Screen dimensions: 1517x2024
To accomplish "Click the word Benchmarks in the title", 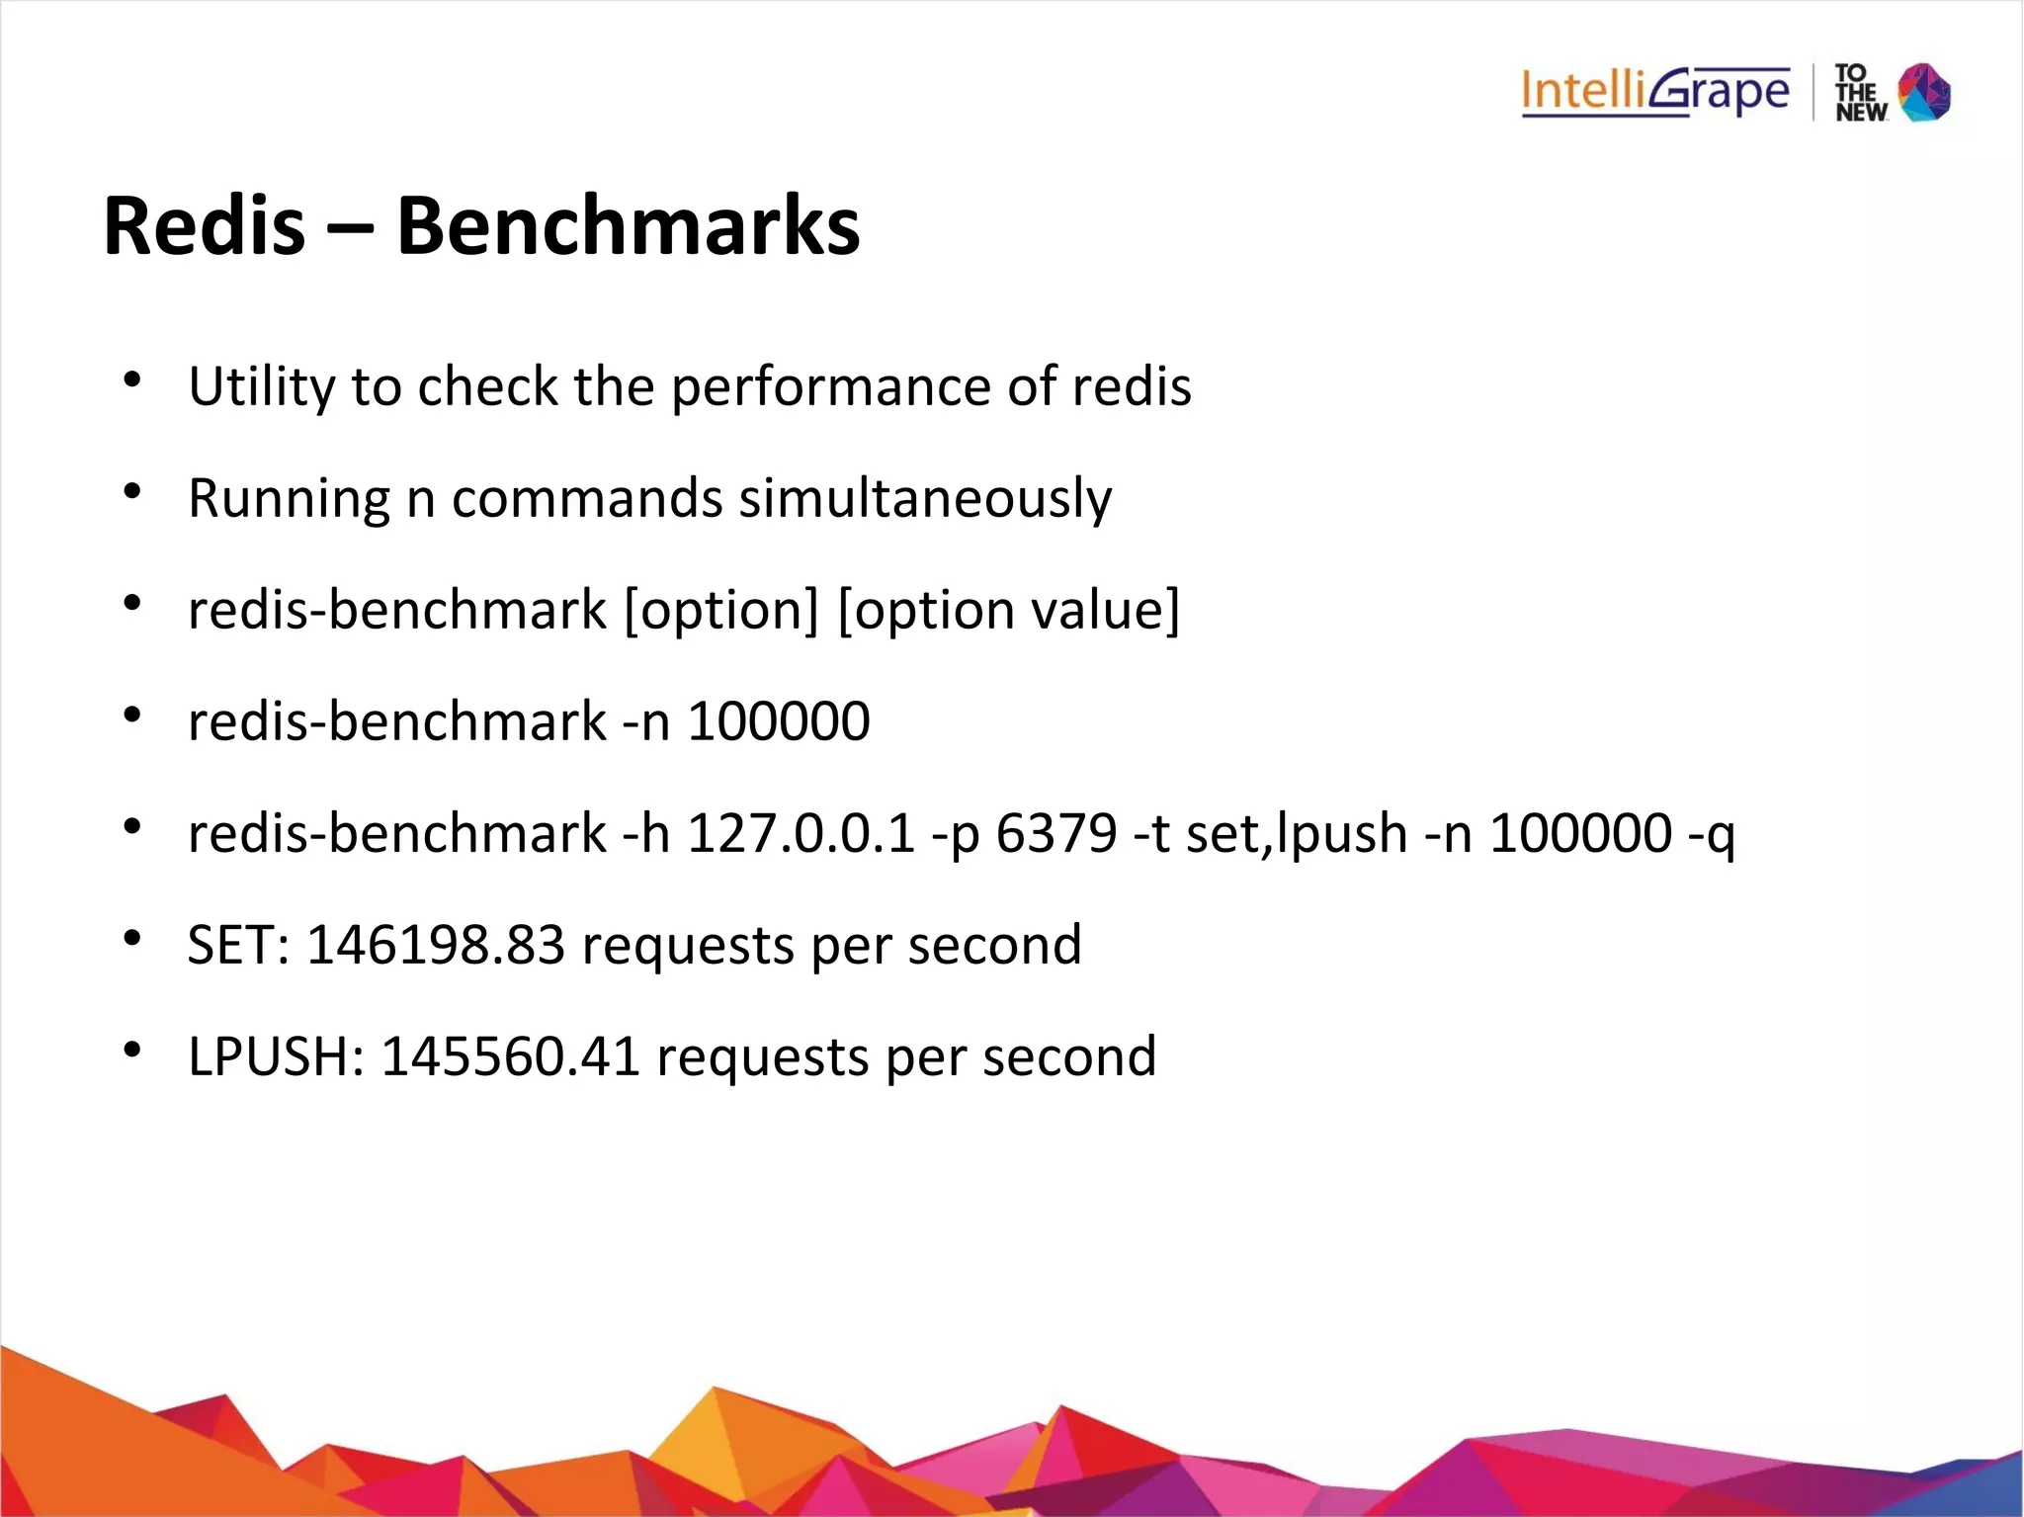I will pos(629,225).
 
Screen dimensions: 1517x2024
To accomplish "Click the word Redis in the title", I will pos(205,225).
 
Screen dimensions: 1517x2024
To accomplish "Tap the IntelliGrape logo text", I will pos(1655,92).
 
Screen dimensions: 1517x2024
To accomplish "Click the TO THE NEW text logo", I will pos(1860,93).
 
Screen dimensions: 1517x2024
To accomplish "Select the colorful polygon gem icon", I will pos(1925,92).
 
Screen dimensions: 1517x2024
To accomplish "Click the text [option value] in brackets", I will pos(1008,610).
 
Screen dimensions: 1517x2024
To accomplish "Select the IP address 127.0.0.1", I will pos(801,833).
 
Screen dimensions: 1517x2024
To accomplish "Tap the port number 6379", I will pos(1055,833).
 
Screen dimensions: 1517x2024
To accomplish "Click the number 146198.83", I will pos(436,945).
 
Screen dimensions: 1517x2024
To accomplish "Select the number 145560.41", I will pos(510,1056).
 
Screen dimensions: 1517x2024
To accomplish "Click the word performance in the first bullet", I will pos(830,386).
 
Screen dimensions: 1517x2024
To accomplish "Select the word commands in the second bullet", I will pos(587,498).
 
